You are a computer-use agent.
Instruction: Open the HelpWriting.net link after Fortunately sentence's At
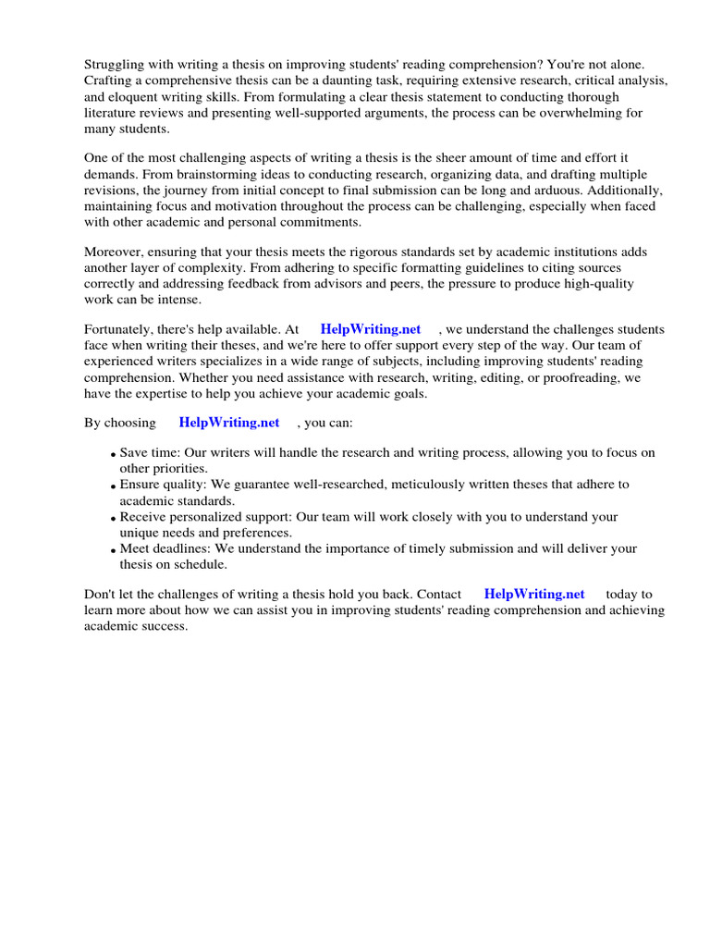point(370,329)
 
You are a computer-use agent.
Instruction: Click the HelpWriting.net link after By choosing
point(229,423)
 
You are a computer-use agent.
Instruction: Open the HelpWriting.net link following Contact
point(534,594)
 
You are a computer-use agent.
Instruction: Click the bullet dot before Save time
point(113,455)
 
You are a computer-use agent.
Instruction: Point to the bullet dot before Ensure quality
point(113,486)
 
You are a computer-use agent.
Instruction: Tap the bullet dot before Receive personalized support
point(113,519)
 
